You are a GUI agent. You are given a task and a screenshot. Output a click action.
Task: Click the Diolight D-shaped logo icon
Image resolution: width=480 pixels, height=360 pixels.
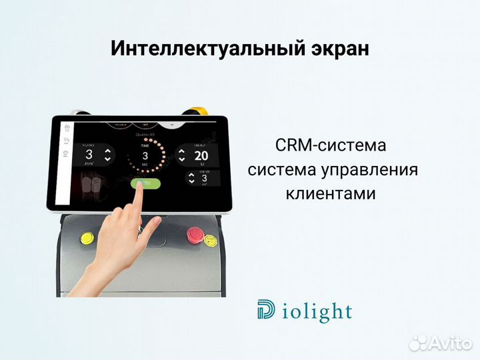coord(266,309)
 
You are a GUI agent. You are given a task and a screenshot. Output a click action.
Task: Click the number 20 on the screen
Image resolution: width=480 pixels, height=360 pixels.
coord(201,156)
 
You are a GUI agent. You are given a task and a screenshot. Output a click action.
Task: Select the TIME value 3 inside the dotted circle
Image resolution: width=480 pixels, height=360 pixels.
coord(145,155)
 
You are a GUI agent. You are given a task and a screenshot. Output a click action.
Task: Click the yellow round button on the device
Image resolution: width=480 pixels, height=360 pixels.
coord(87,237)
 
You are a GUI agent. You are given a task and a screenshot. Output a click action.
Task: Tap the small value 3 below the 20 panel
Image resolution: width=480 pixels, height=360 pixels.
coord(203,179)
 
